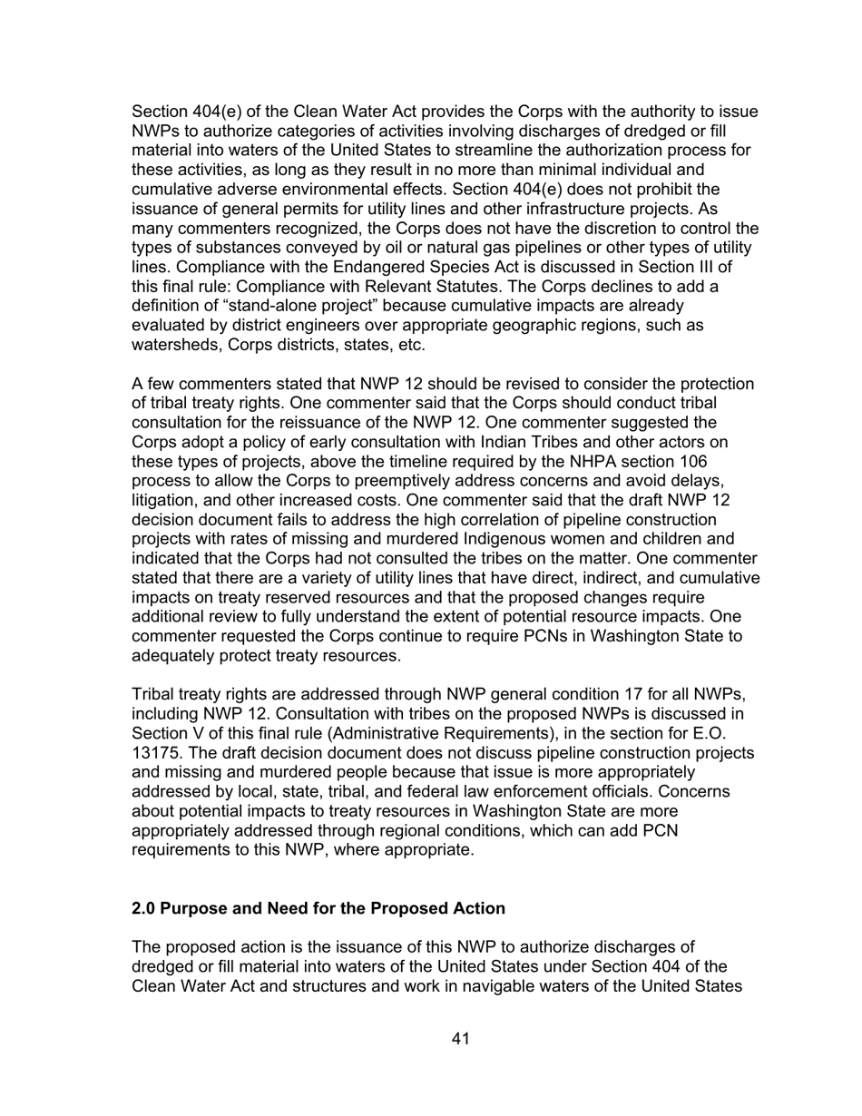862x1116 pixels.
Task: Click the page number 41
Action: [x=460, y=1039]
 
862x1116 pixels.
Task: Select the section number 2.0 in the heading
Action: [x=143, y=908]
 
